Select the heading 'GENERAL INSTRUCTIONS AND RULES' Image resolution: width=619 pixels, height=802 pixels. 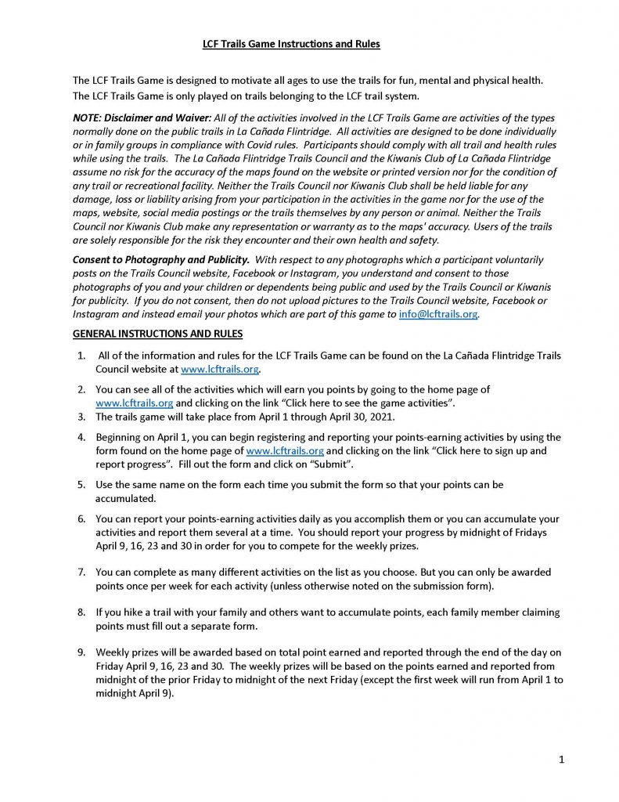click(x=157, y=334)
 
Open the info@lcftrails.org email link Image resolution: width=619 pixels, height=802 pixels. click(x=438, y=315)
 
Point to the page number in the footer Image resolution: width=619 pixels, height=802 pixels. click(x=562, y=759)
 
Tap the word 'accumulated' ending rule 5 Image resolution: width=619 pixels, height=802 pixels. click(x=126, y=498)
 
